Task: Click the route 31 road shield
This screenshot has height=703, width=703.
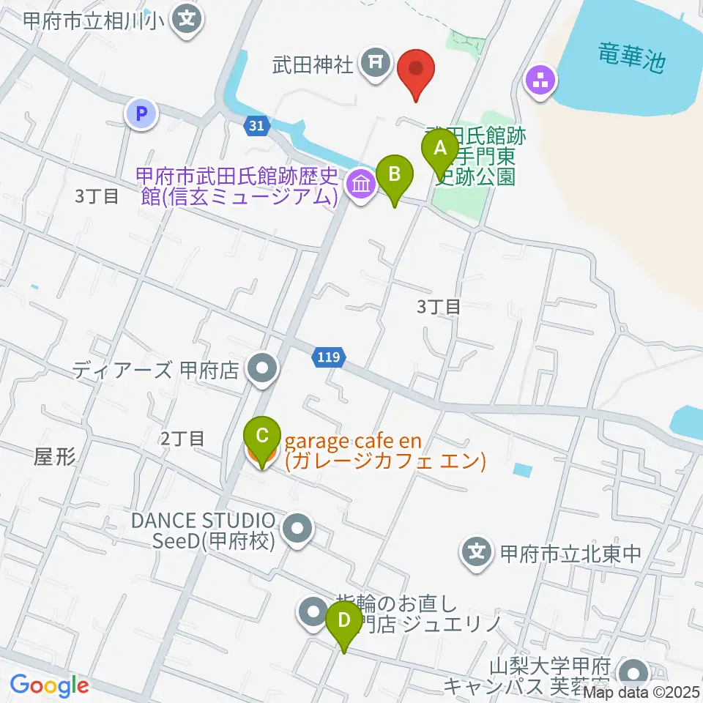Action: coord(255,126)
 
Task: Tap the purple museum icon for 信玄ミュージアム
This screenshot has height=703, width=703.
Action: coord(360,185)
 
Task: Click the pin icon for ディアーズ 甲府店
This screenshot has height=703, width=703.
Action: coord(261,370)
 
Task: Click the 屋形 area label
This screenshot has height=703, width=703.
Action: coord(55,457)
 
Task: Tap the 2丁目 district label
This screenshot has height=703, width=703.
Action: coord(182,439)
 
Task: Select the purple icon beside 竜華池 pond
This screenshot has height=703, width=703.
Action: coord(541,81)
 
